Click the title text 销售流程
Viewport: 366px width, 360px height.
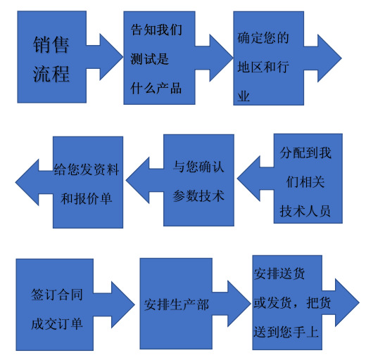[x=51, y=60]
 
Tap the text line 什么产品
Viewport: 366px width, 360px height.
[x=156, y=89]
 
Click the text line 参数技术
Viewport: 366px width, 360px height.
[x=198, y=195]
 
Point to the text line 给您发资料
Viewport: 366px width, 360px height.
[x=87, y=169]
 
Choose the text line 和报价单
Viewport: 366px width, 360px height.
[x=87, y=199]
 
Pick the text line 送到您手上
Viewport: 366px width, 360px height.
[x=286, y=331]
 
